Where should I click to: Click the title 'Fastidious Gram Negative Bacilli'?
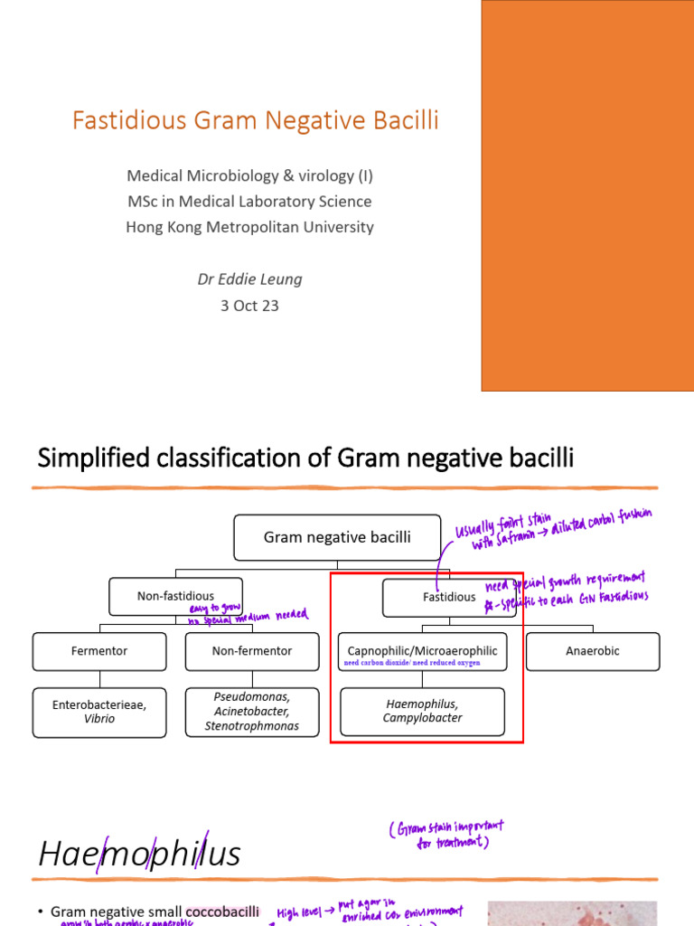[255, 120]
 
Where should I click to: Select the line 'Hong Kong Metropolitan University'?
[249, 227]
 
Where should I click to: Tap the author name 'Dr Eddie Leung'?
[249, 279]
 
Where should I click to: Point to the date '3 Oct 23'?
[249, 306]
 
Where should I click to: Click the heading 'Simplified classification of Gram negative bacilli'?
[305, 458]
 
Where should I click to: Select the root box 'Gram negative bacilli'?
[337, 537]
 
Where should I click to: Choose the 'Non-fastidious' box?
[175, 597]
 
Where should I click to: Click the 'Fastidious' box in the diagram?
[449, 597]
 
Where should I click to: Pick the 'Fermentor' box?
[99, 651]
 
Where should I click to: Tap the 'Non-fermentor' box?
[252, 651]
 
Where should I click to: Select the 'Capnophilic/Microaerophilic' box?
[422, 650]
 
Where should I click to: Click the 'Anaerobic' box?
[593, 651]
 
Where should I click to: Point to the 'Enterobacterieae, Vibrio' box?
[99, 712]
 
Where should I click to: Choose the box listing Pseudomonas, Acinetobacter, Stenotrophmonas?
[252, 712]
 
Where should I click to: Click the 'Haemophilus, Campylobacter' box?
[422, 712]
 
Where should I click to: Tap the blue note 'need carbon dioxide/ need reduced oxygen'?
[411, 663]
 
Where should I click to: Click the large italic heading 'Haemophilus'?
[139, 854]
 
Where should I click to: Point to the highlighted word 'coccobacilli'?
[222, 912]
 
